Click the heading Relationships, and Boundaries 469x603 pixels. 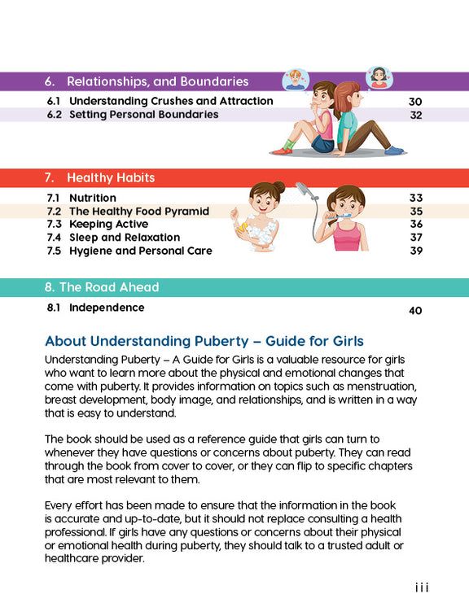[157, 81]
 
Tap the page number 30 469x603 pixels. [415, 102]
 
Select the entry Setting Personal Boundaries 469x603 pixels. [143, 115]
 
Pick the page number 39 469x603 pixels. [416, 251]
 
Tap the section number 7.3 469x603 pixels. [55, 224]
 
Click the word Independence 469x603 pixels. [107, 308]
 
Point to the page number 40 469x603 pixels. [415, 310]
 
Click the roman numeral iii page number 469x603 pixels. [421, 588]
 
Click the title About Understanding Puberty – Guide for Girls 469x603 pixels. [204, 341]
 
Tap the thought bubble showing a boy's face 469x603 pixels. [295, 80]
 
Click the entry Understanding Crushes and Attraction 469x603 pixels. [171, 102]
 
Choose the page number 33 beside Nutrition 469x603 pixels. [416, 198]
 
